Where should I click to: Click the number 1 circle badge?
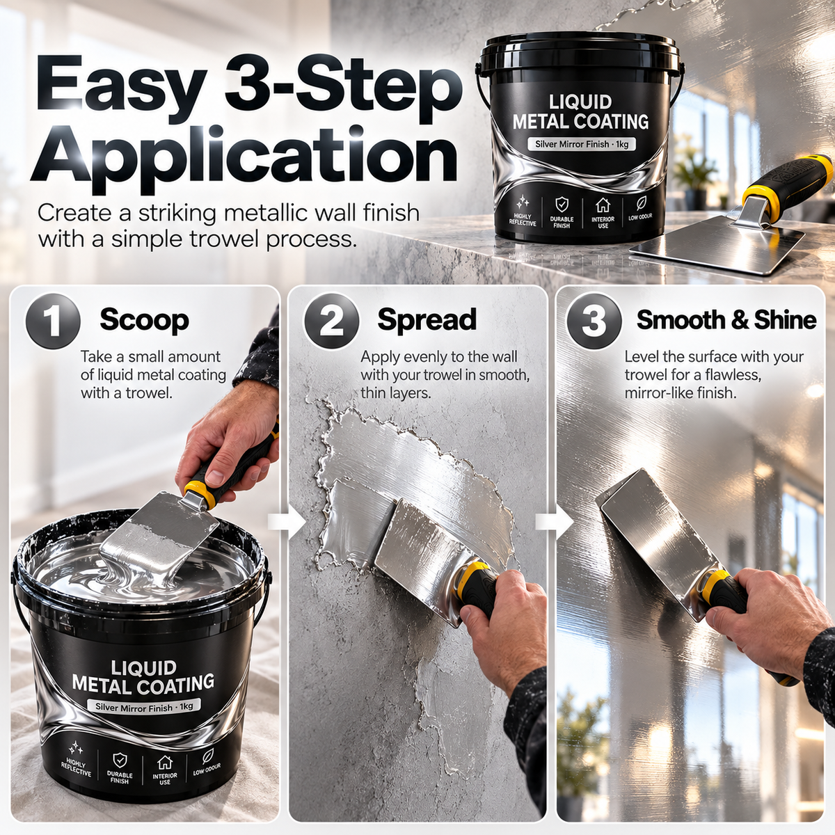[x=53, y=321]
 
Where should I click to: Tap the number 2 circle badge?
[x=331, y=321]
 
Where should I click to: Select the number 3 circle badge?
[x=594, y=321]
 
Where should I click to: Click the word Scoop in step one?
[x=144, y=321]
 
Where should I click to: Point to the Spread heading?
[x=427, y=320]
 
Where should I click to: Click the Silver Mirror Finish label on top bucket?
[x=581, y=144]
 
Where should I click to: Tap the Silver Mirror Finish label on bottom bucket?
[x=144, y=706]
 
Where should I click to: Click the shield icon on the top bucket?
[x=562, y=203]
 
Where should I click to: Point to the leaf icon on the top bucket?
[x=641, y=202]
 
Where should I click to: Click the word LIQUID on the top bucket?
[x=580, y=102]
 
